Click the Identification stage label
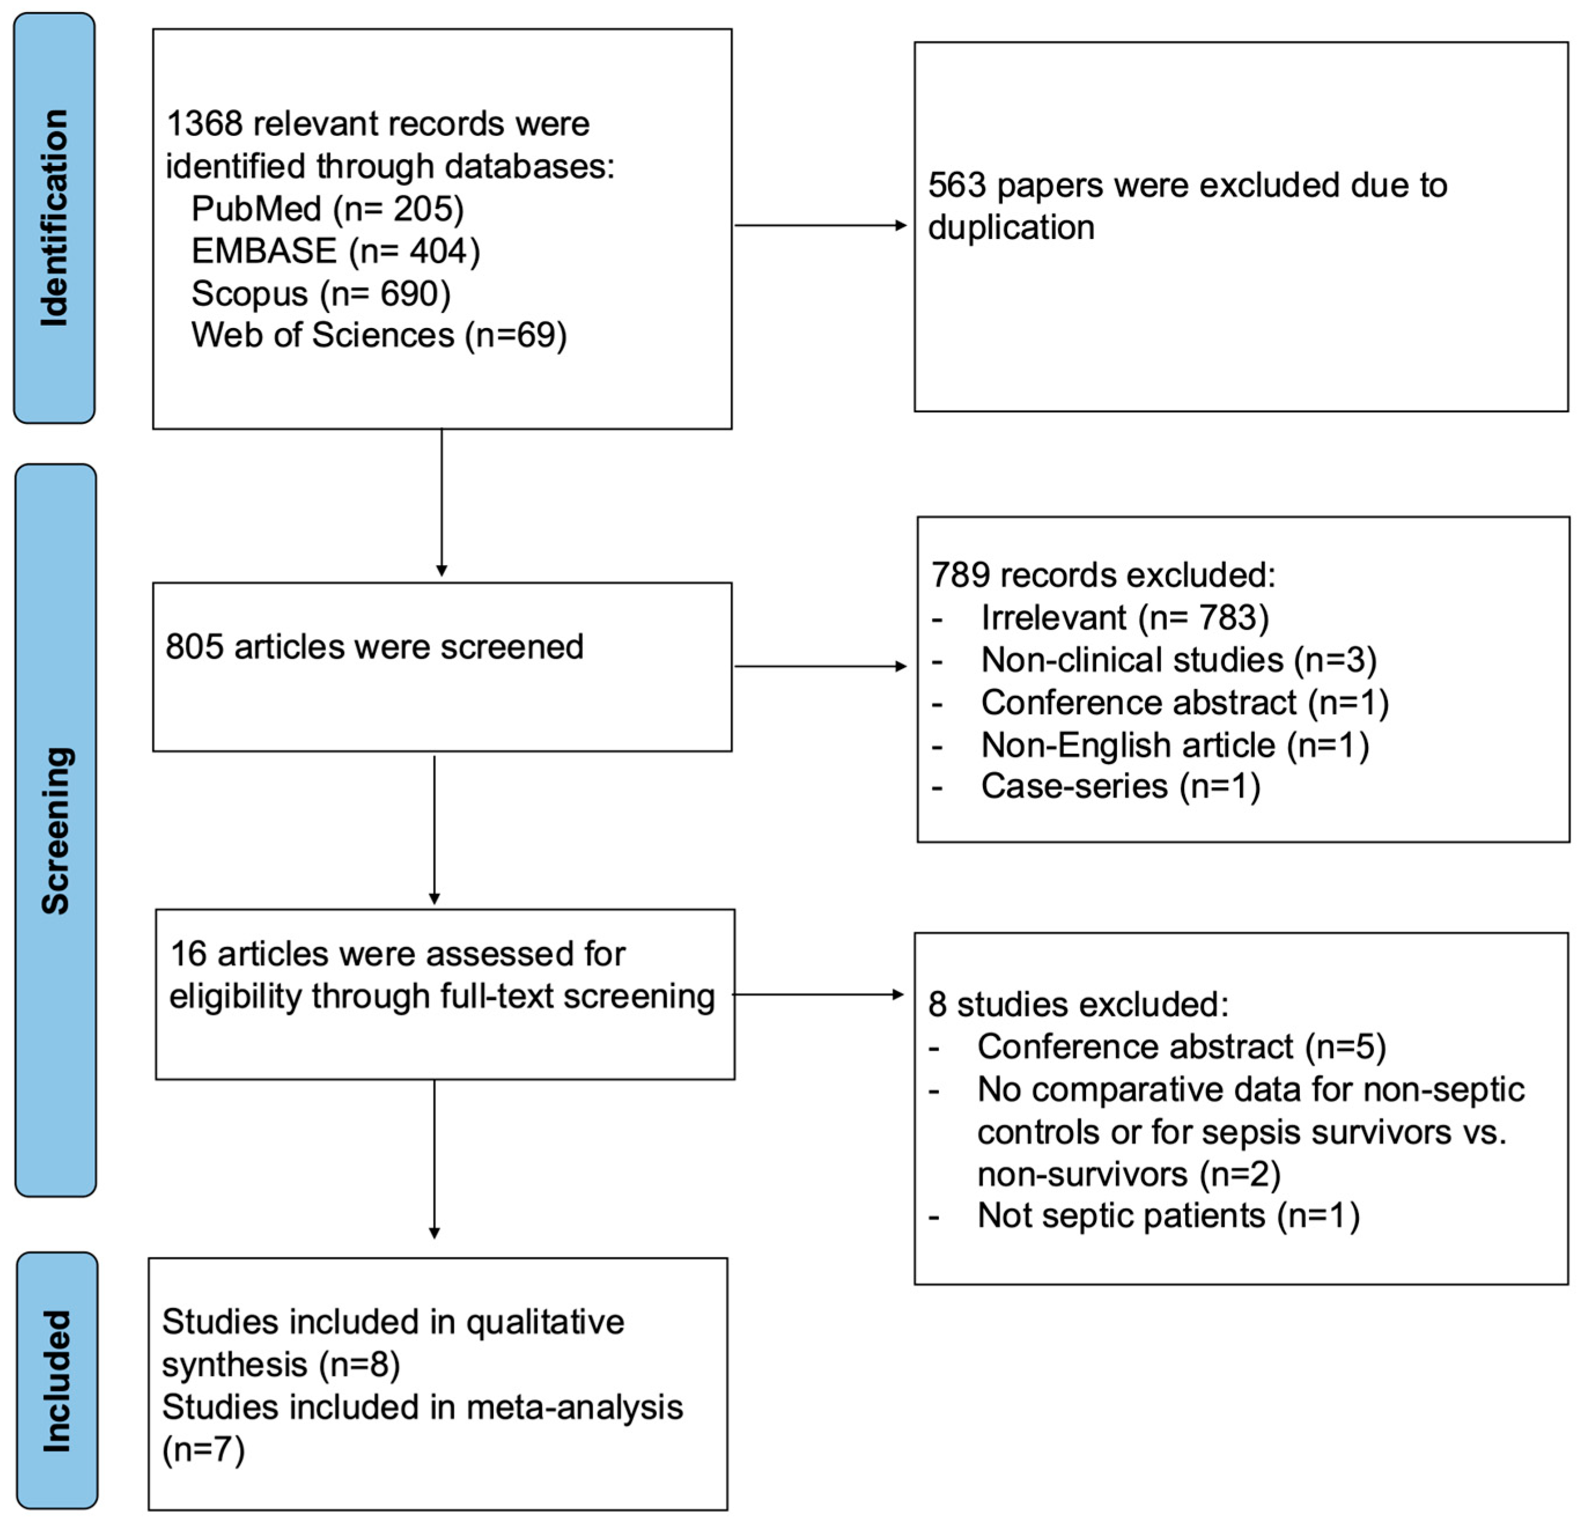(x=54, y=218)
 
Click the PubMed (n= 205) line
(x=327, y=209)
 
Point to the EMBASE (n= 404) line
(x=335, y=251)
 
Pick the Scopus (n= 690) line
(x=320, y=293)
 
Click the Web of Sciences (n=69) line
(x=379, y=335)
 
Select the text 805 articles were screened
(x=374, y=647)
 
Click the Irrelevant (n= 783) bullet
(x=1125, y=618)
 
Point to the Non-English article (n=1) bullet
(x=1174, y=744)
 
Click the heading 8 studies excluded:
(x=1078, y=1004)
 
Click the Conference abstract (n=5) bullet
(x=1181, y=1046)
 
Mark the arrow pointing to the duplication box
(x=820, y=225)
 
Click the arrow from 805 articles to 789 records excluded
(x=820, y=666)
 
